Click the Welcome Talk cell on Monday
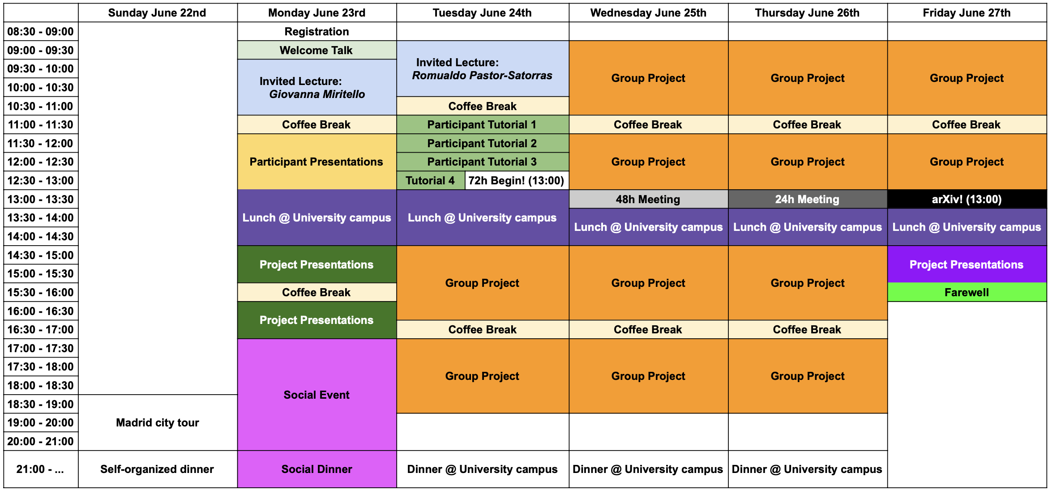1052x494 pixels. (317, 50)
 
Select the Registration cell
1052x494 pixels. (317, 31)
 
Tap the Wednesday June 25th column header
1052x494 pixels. (648, 13)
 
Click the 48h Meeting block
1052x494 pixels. (648, 199)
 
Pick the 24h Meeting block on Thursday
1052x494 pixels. (808, 199)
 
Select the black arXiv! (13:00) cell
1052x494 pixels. (967, 199)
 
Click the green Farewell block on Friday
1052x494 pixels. (967, 292)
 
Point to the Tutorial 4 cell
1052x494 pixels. (431, 180)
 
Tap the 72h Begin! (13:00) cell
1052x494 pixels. (517, 180)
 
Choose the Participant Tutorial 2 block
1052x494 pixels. (483, 143)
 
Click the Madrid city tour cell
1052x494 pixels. (158, 422)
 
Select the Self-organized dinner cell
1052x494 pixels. (158, 469)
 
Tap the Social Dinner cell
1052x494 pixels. (317, 469)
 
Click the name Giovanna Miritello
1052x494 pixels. (317, 94)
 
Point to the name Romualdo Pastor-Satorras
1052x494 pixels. (482, 75)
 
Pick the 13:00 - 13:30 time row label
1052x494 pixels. (41, 199)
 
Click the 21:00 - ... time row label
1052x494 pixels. (41, 469)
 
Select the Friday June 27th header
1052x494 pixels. (967, 13)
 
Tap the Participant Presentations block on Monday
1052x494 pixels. (317, 162)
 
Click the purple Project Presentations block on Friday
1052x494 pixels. (967, 264)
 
